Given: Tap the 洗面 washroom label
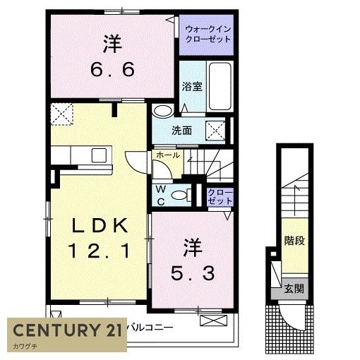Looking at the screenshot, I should [183, 131].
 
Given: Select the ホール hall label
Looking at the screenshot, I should [167, 155].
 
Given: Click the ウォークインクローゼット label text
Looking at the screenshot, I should [208, 35].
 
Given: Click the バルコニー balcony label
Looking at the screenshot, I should [150, 326].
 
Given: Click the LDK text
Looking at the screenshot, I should [98, 226].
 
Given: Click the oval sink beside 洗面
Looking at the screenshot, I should [163, 111].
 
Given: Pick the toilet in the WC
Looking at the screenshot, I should [180, 196].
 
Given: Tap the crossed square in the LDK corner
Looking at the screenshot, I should [61, 113].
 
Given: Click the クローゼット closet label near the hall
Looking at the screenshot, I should [220, 196].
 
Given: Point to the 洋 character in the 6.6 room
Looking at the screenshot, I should [112, 44].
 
